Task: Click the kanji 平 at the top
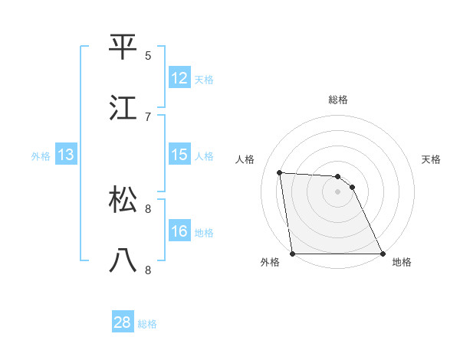[x=123, y=47]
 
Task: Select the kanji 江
[x=123, y=107]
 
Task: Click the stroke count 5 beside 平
[x=148, y=55]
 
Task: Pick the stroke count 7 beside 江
[x=148, y=116]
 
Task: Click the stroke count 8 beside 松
[x=148, y=208]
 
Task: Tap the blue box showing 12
[x=179, y=78]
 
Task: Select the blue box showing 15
[x=179, y=155]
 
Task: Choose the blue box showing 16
[x=179, y=231]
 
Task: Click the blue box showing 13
[x=66, y=155]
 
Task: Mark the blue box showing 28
[x=123, y=322]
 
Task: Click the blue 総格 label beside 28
[x=148, y=324]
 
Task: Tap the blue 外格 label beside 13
[x=41, y=156]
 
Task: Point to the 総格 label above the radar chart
[x=338, y=100]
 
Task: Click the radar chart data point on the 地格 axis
[x=383, y=254]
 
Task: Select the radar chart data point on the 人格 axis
[x=279, y=172]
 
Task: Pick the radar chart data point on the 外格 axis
[x=293, y=254]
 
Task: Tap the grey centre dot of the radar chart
[x=338, y=191]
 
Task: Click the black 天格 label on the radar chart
[x=432, y=160]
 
